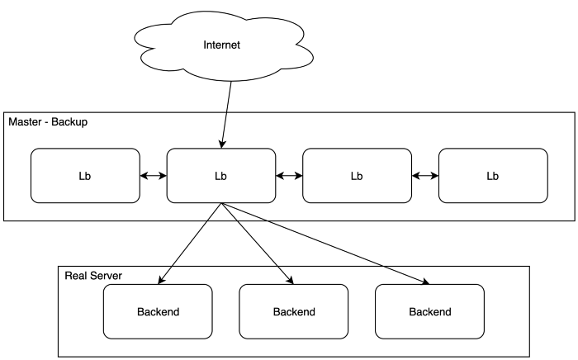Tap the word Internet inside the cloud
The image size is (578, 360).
pyautogui.click(x=221, y=45)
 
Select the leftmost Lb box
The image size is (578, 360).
pyautogui.click(x=85, y=176)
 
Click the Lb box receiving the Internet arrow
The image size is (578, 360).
pyautogui.click(x=220, y=176)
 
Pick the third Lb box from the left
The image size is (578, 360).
pyautogui.click(x=357, y=176)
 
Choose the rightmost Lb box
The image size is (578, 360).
pyautogui.click(x=493, y=176)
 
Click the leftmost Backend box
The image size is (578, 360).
pyautogui.click(x=158, y=312)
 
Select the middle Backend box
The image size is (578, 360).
pyautogui.click(x=294, y=312)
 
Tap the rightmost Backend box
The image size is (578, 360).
pyautogui.click(x=430, y=312)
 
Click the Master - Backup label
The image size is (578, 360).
pyautogui.click(x=48, y=122)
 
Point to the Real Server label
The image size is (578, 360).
pyautogui.click(x=93, y=275)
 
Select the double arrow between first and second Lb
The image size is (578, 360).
pyautogui.click(x=153, y=176)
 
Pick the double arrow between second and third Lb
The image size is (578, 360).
pyautogui.click(x=289, y=176)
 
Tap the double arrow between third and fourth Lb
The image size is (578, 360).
pyautogui.click(x=424, y=176)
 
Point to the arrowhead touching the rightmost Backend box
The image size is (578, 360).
pyautogui.click(x=426, y=283)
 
